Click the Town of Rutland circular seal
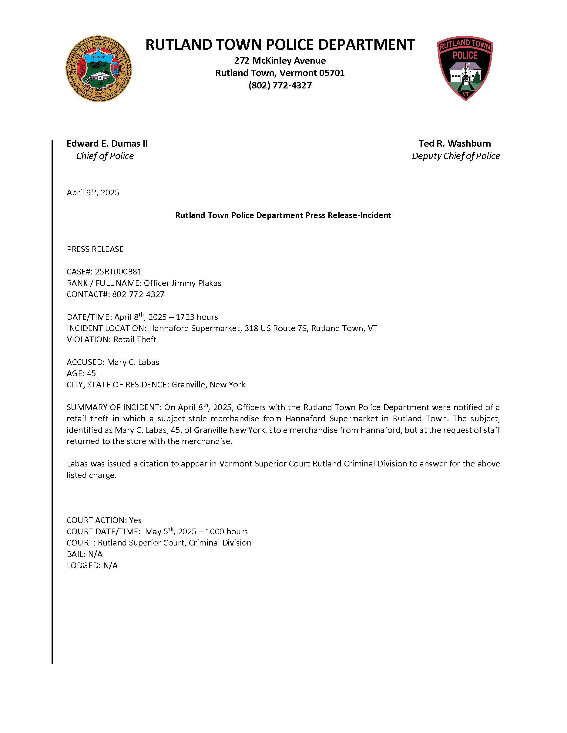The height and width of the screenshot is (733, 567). (99, 69)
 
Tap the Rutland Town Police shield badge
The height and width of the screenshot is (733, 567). (465, 68)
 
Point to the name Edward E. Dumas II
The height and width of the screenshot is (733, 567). (107, 144)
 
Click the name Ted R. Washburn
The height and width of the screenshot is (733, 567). (455, 144)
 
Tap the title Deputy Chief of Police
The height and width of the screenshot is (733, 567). (456, 156)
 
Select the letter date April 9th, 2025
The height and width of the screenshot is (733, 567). (93, 193)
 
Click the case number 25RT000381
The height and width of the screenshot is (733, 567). (118, 271)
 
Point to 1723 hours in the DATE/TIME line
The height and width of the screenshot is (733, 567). (196, 317)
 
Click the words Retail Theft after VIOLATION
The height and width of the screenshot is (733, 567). (135, 340)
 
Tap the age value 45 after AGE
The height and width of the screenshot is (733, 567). (91, 373)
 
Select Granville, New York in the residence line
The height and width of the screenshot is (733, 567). (208, 385)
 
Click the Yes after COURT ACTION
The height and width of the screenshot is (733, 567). (135, 520)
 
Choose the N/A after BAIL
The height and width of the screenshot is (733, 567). (96, 554)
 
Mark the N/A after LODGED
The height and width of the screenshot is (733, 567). (110, 566)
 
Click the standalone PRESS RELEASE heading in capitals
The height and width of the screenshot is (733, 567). (95, 249)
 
